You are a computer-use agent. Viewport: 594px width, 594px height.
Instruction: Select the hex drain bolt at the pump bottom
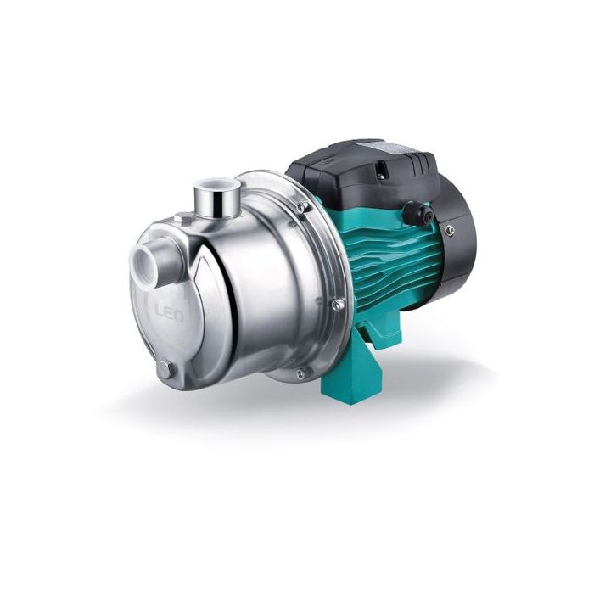(166, 368)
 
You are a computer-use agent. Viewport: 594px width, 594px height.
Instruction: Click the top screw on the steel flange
(302, 206)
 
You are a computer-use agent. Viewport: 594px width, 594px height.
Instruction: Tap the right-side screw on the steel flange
(338, 304)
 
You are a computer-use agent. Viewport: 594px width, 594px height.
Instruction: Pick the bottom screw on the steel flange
(300, 374)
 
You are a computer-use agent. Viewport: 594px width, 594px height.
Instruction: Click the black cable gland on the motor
(417, 212)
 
